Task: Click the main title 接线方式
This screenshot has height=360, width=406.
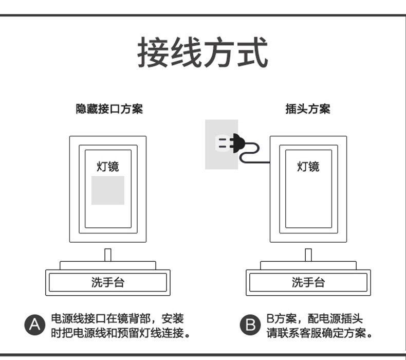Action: pyautogui.click(x=202, y=53)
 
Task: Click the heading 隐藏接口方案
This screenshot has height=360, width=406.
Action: pyautogui.click(x=109, y=109)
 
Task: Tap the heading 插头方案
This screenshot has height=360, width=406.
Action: pyautogui.click(x=308, y=109)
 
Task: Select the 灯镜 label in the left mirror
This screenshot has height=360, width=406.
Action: pyautogui.click(x=108, y=166)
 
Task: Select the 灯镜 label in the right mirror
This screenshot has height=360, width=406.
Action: pyautogui.click(x=308, y=166)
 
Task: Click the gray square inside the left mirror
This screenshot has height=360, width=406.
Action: pyautogui.click(x=108, y=190)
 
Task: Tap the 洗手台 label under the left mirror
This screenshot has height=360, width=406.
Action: pyautogui.click(x=108, y=282)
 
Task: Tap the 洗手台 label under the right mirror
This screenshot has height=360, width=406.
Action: pyautogui.click(x=308, y=282)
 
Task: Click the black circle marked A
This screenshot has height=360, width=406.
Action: pyautogui.click(x=34, y=326)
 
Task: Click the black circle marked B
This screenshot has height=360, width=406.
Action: pyautogui.click(x=250, y=326)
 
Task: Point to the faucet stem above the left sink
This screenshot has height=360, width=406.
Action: pyautogui.click(x=108, y=255)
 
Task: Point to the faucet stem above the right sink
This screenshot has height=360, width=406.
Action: pyautogui.click(x=308, y=255)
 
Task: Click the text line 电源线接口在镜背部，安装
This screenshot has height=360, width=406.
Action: pyautogui.click(x=117, y=319)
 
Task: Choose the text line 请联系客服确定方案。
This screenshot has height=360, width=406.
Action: pyautogui.click(x=319, y=333)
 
